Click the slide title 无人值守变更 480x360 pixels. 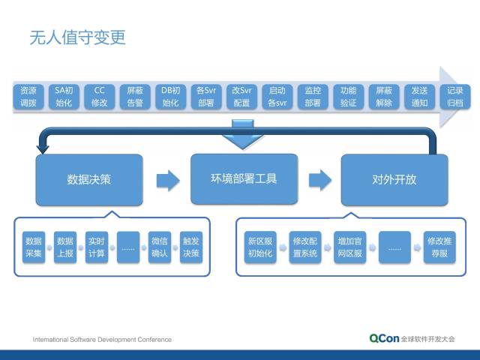click(77, 37)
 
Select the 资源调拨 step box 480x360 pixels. click(28, 97)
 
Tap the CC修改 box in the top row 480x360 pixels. click(99, 97)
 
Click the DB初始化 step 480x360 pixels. click(171, 97)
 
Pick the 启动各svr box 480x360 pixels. click(277, 97)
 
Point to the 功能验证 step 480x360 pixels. click(348, 97)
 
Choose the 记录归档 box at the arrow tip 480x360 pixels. click(454, 97)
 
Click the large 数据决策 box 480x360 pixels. click(89, 179)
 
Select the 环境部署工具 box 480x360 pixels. click(244, 178)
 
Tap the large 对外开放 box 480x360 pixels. click(394, 179)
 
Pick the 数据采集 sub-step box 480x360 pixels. click(34, 247)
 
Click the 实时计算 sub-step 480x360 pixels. click(97, 247)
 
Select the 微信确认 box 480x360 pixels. click(160, 247)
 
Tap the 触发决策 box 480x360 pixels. click(191, 247)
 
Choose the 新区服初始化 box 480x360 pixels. click(260, 247)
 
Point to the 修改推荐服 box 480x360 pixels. click(439, 247)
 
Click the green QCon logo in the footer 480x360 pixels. click(384, 338)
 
